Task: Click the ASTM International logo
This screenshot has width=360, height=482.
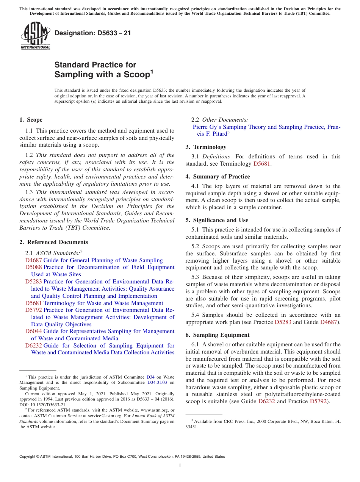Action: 35,36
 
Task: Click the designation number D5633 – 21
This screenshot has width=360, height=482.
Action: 93,33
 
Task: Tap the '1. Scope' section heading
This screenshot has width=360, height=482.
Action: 31,120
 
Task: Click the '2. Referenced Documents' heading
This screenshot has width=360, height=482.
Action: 53,242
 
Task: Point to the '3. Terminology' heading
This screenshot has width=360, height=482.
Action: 205,147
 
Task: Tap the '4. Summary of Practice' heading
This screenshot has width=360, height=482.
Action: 218,177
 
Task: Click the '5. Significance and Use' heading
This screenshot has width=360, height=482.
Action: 217,220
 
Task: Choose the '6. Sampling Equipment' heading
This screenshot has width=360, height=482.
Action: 217,335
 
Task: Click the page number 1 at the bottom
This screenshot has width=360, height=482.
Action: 180,466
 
